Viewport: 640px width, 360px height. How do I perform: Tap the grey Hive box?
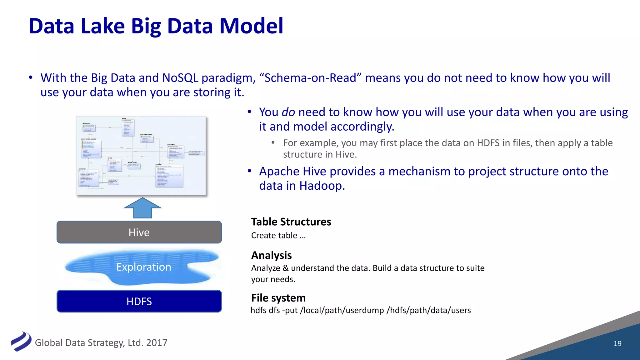click(139, 232)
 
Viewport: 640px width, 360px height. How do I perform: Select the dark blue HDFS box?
click(139, 301)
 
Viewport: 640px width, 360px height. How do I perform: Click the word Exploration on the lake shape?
click(143, 267)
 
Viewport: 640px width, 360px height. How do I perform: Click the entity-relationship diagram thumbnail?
click(141, 156)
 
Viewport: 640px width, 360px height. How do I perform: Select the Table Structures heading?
click(291, 222)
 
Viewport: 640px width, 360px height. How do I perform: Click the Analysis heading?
click(271, 255)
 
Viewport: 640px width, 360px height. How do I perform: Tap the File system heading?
click(278, 298)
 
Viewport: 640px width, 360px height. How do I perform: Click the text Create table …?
click(278, 235)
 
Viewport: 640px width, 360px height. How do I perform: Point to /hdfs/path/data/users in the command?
click(428, 310)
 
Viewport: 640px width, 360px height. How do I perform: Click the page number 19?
click(617, 343)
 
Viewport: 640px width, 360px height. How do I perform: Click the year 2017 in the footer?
click(157, 342)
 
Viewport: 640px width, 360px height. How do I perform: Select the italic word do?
click(288, 112)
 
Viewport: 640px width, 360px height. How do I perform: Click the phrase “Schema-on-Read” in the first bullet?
click(310, 78)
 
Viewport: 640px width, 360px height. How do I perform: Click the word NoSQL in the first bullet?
click(180, 78)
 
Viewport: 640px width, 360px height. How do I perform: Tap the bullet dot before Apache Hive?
click(249, 171)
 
